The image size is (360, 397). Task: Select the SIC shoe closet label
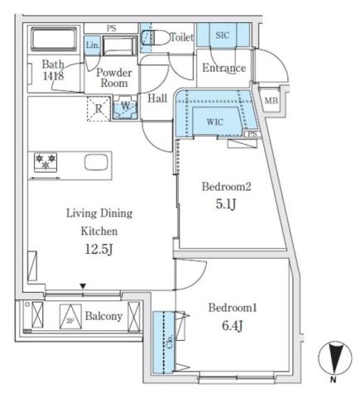tap(223, 35)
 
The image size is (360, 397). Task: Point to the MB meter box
tap(270, 101)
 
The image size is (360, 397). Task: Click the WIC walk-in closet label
tap(214, 122)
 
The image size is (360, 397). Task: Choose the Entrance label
tap(223, 68)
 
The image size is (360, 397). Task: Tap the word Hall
tap(158, 98)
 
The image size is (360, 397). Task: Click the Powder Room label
tap(116, 78)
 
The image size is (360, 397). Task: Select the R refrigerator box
tap(98, 108)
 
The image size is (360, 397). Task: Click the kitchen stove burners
tap(44, 160)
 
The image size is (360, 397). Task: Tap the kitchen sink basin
tap(96, 160)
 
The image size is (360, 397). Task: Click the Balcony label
tap(102, 316)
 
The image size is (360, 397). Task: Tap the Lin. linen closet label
tap(93, 45)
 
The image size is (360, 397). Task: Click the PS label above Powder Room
tap(111, 28)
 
